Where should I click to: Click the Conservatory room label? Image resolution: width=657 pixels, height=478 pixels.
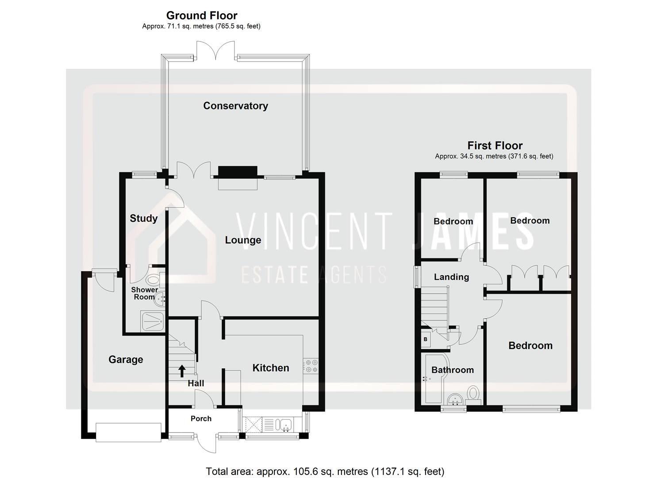point(235,106)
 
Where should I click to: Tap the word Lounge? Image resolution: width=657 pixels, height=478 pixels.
point(243,240)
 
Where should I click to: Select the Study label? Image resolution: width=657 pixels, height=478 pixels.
point(143,218)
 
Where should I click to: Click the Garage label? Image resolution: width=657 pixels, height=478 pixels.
point(126,359)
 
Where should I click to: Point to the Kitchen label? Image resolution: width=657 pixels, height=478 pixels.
point(270,368)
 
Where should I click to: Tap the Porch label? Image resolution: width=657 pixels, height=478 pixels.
point(201,419)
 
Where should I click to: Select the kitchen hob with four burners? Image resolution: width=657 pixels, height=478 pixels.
point(311,365)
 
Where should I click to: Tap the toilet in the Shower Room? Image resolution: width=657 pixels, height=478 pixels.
point(153,280)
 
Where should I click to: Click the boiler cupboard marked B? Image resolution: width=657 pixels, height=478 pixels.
point(426,339)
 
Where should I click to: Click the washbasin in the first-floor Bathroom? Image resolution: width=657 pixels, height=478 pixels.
point(453,400)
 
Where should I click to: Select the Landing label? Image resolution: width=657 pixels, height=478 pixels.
point(451,277)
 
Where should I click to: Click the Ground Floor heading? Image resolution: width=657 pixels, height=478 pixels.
point(202,16)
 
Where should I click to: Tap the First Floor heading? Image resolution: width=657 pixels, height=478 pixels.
point(495,146)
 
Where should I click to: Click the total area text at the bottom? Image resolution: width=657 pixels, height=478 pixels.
point(325,471)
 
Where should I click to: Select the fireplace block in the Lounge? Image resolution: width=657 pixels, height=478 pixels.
point(238,172)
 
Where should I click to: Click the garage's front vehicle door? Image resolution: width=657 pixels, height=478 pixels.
point(128,432)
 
